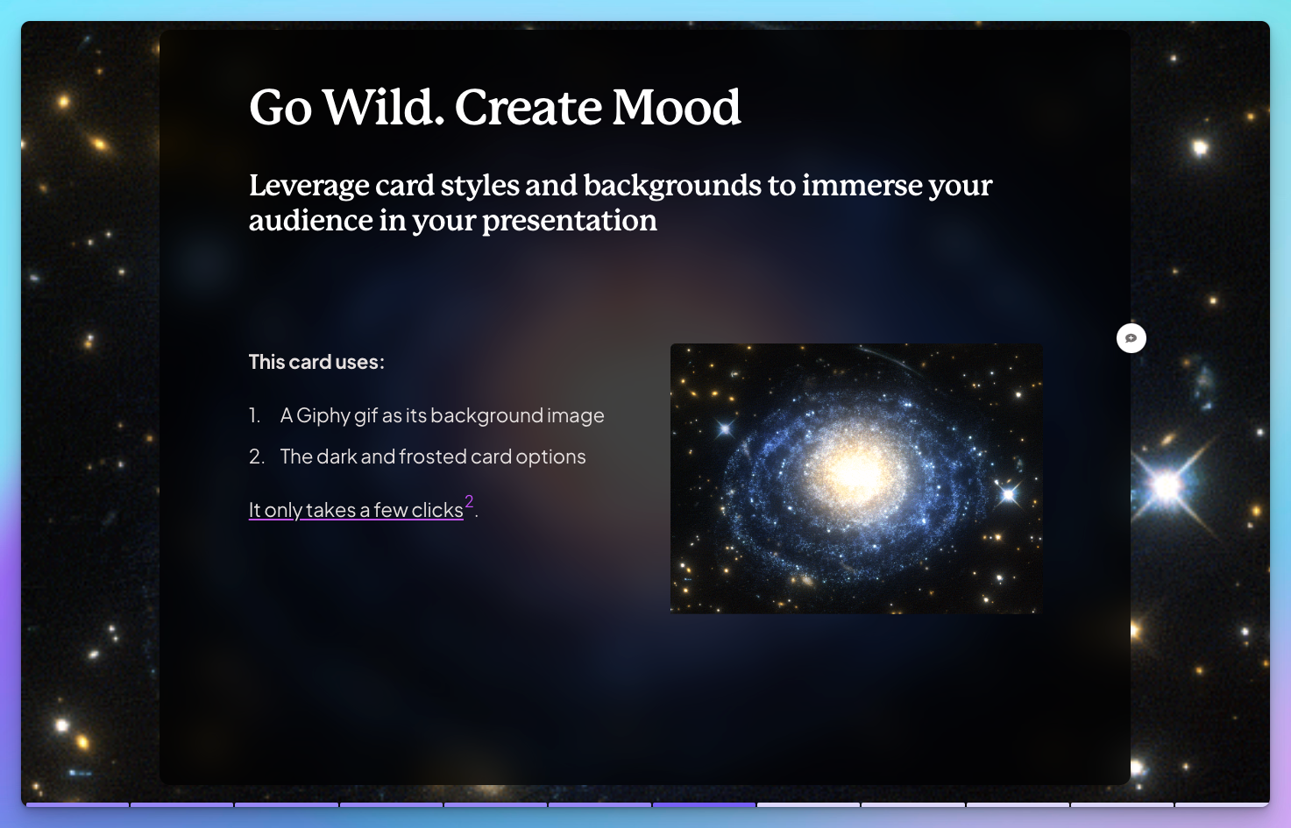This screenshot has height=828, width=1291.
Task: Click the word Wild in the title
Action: click(383, 107)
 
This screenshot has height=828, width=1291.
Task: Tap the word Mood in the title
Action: click(676, 107)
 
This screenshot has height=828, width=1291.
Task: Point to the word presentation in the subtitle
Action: click(570, 222)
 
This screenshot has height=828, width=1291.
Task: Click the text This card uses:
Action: click(316, 362)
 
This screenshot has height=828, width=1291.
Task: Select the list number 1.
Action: click(254, 415)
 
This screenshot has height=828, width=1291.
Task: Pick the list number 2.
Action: click(257, 456)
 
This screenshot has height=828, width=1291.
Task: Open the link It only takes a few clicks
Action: click(356, 510)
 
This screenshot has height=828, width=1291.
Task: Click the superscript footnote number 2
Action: click(469, 502)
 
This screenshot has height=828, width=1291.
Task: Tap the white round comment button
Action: click(1131, 338)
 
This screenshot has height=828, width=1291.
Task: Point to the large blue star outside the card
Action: click(1167, 485)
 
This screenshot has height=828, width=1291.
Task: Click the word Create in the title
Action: click(528, 107)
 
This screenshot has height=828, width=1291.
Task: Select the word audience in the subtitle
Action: click(310, 221)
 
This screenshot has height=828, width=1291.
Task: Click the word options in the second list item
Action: click(550, 457)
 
